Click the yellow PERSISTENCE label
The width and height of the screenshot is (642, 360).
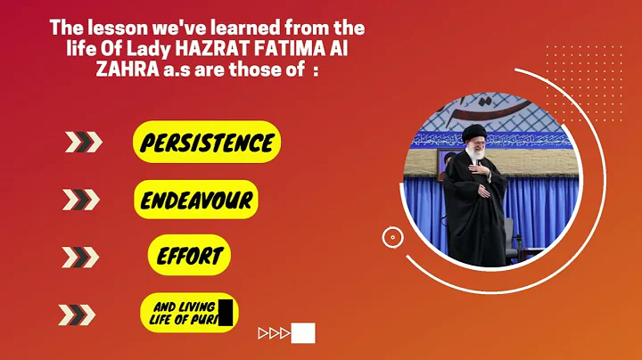click(207, 143)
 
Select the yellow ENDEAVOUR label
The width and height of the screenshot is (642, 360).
click(196, 199)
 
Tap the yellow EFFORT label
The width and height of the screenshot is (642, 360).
click(189, 257)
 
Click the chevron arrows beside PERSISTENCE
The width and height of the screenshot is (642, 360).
click(83, 143)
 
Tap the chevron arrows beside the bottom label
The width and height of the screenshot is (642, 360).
click(77, 315)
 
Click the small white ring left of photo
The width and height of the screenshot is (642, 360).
click(391, 238)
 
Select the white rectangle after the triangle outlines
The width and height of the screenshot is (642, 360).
click(303, 334)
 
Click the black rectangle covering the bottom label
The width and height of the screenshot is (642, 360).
click(226, 314)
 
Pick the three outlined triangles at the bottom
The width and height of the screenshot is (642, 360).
click(274, 334)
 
